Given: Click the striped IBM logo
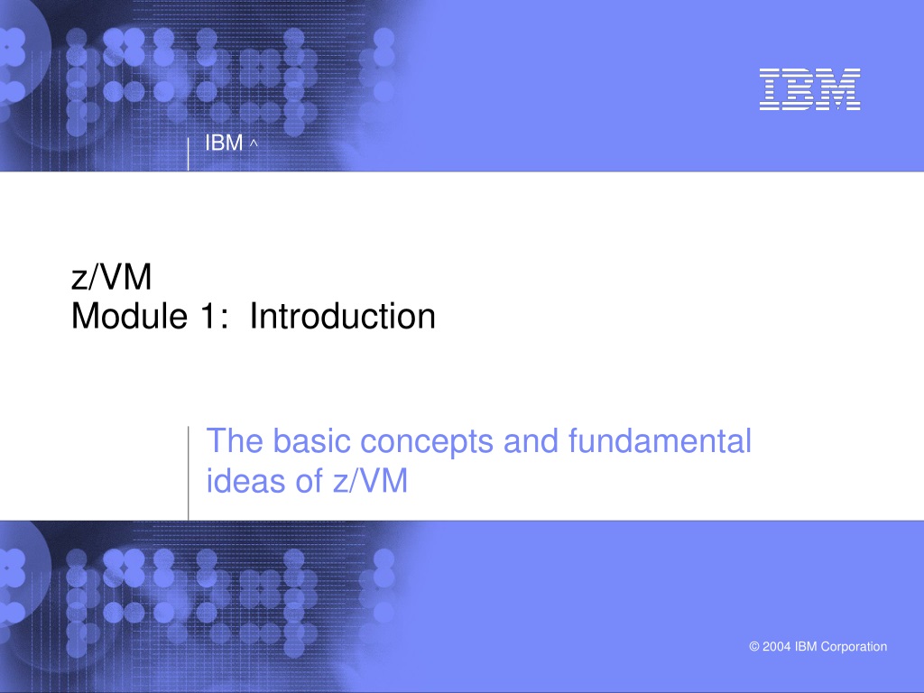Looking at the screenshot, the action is (809, 89).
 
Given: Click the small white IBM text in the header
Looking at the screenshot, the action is (224, 143).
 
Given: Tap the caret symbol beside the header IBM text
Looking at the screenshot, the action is (254, 142).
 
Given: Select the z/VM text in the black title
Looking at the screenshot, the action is (111, 277).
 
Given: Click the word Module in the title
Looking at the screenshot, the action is (129, 316).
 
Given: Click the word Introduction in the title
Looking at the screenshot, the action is (342, 316).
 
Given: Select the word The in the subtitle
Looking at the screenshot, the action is (235, 440).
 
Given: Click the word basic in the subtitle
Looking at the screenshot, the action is (311, 440).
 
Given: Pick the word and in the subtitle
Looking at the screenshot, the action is (531, 440).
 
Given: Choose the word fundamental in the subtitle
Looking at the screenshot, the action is (660, 440).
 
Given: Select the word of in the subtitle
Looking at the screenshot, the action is (310, 480).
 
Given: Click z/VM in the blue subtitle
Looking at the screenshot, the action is (370, 480).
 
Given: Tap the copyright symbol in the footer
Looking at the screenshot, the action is (754, 646).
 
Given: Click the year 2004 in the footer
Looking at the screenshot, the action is (777, 646).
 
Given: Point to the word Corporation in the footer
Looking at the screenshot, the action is (854, 646).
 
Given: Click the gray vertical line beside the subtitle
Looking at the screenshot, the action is (189, 473).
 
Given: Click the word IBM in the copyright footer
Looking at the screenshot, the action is (806, 646).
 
